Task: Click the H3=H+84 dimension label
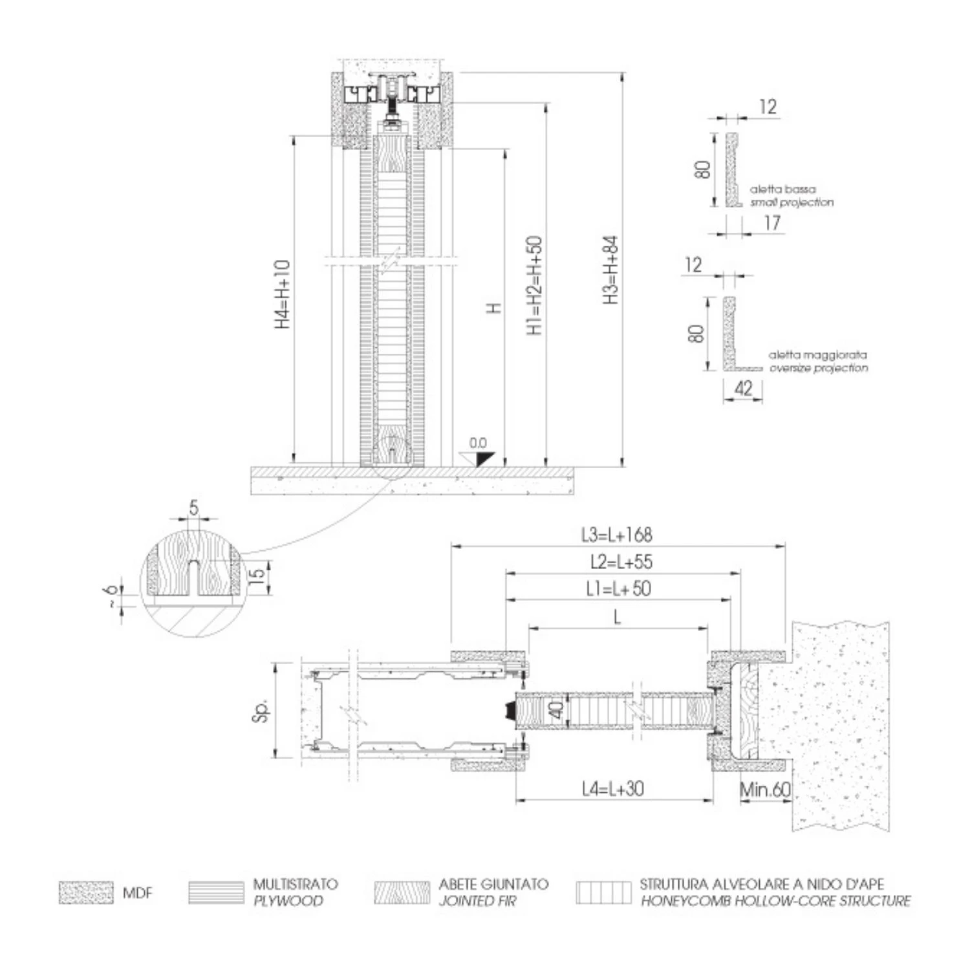[611, 270]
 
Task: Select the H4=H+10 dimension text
[283, 294]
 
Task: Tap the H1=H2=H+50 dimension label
[534, 285]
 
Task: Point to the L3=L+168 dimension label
[617, 535]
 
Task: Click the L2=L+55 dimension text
[621, 561]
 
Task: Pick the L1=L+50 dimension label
[618, 588]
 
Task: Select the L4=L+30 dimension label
[612, 788]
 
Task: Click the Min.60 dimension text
[765, 790]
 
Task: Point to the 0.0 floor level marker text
[478, 443]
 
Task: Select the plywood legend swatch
[216, 892]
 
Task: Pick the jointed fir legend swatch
[402, 892]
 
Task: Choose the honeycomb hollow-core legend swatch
[603, 892]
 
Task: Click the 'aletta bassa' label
[782, 189]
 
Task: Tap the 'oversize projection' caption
[818, 368]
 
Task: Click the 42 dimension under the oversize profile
[744, 388]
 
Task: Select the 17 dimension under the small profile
[772, 223]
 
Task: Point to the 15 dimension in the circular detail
[257, 573]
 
